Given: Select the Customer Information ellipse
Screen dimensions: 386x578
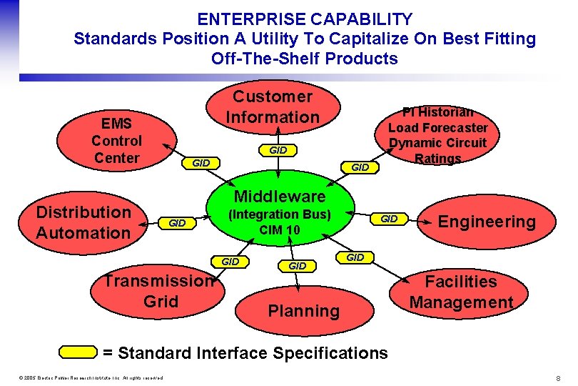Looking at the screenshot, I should (273, 107).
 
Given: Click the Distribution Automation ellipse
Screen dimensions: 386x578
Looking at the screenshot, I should (83, 222).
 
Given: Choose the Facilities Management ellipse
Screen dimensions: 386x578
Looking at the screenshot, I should (461, 292).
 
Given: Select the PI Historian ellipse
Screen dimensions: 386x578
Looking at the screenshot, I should (437, 136).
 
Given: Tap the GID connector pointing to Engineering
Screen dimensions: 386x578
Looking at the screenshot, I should (389, 219).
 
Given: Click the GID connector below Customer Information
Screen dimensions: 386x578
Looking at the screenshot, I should (278, 150).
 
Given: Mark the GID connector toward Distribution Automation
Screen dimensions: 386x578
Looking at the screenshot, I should (176, 224).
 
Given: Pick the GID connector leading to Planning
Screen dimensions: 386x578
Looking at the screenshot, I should (297, 266).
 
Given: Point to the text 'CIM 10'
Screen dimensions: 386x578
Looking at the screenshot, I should (280, 230).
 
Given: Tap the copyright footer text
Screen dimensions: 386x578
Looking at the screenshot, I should (83, 377).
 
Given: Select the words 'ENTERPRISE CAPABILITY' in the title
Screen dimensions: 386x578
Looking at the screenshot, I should (305, 19).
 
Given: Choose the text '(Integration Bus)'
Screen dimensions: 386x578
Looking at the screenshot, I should (279, 214).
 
